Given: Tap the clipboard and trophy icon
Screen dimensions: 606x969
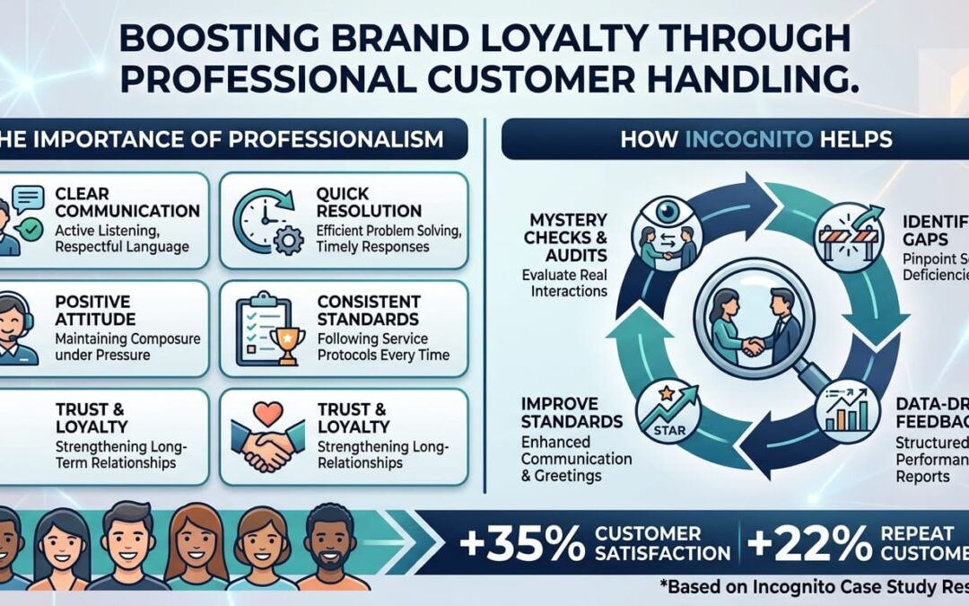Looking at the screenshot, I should coord(266,329).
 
